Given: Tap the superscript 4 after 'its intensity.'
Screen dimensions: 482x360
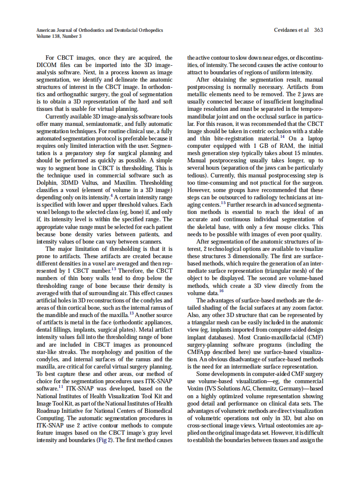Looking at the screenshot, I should pyautogui.click(x=111, y=195).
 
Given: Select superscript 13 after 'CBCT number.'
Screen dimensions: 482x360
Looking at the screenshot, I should pyautogui.click(x=114, y=269).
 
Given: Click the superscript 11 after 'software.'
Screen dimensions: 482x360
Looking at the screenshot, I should pyautogui.click(x=61, y=386).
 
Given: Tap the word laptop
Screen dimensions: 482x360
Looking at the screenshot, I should pyautogui.click(x=312, y=139).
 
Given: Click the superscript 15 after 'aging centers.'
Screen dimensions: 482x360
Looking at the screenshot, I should pyautogui.click(x=223, y=203).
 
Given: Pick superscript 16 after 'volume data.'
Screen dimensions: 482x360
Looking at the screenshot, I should pyautogui.click(x=221, y=291).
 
